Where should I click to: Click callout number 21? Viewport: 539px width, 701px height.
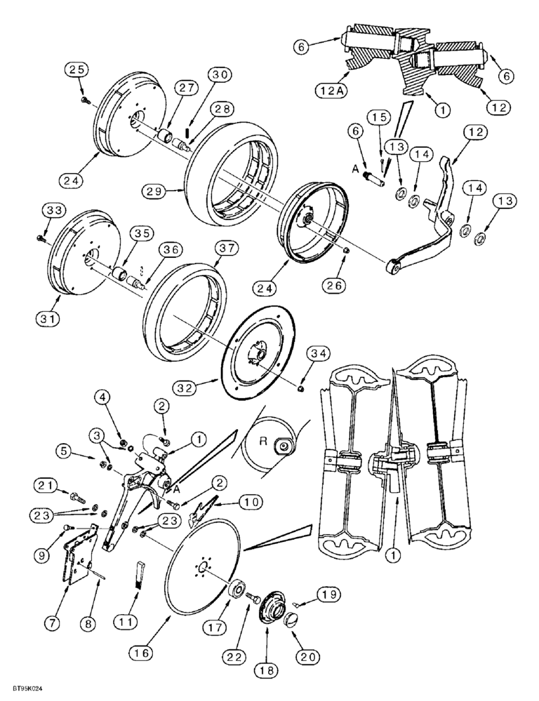tap(46, 485)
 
